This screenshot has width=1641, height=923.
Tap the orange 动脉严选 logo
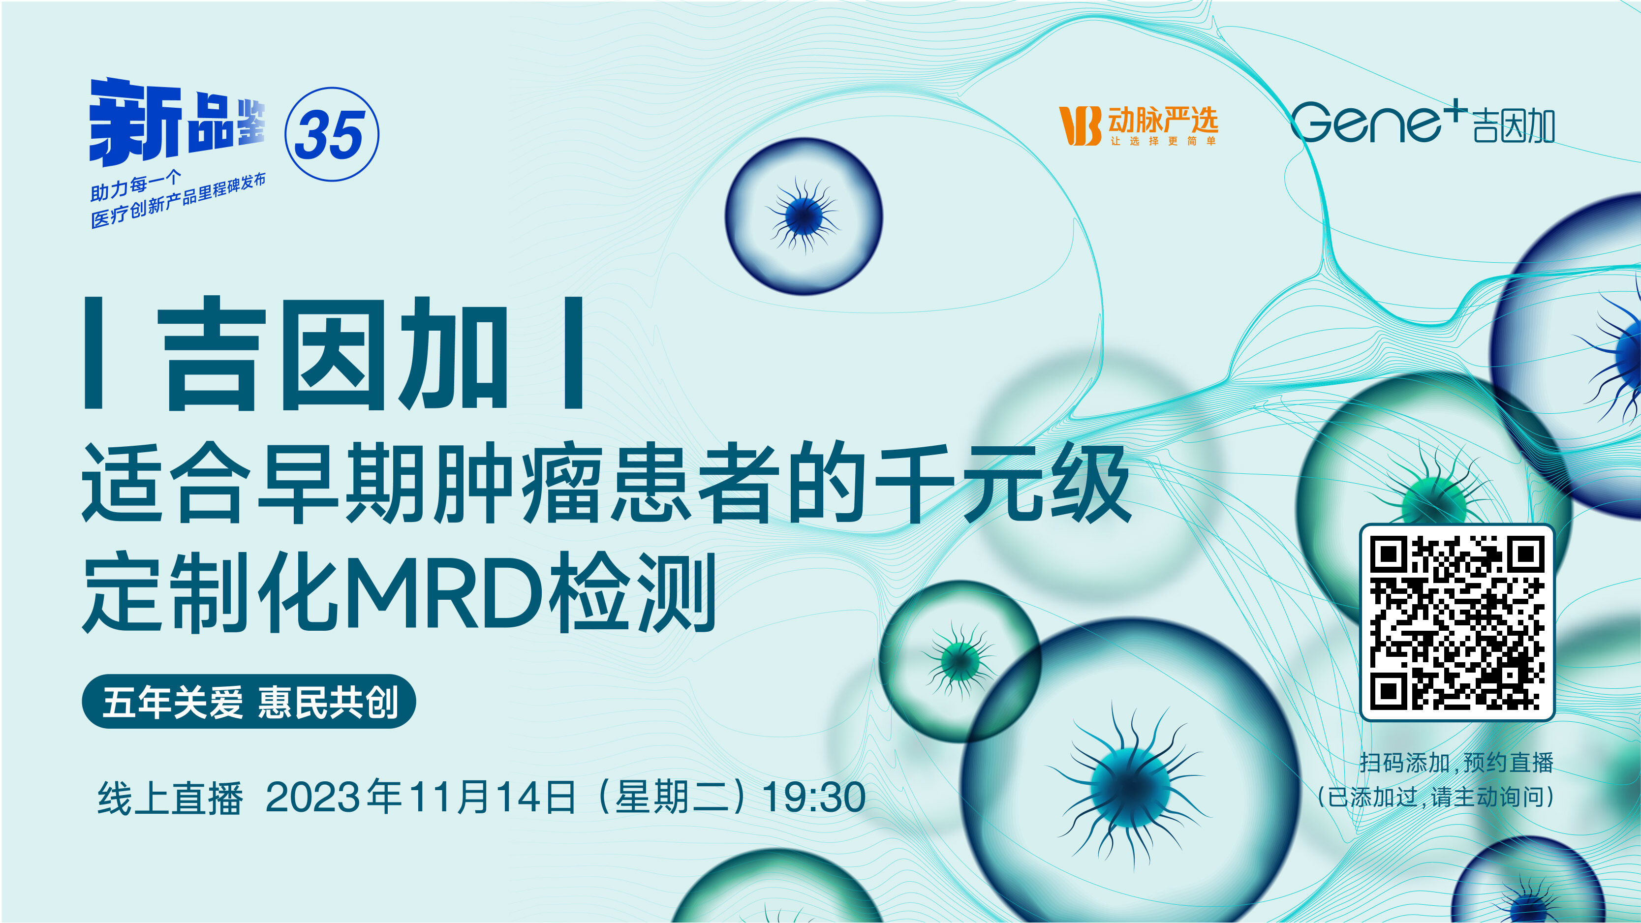tap(1138, 125)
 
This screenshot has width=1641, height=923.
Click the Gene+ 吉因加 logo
tap(1423, 123)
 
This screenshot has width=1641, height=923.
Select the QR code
tap(1457, 622)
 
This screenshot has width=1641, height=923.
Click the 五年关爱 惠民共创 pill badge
tap(249, 701)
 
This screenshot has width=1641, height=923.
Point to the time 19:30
tap(813, 797)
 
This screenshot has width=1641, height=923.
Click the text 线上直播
tap(170, 798)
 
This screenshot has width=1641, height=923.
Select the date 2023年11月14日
tap(420, 797)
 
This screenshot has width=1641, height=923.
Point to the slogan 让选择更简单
tap(1163, 141)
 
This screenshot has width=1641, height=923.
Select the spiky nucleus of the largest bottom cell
tap(1131, 787)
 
